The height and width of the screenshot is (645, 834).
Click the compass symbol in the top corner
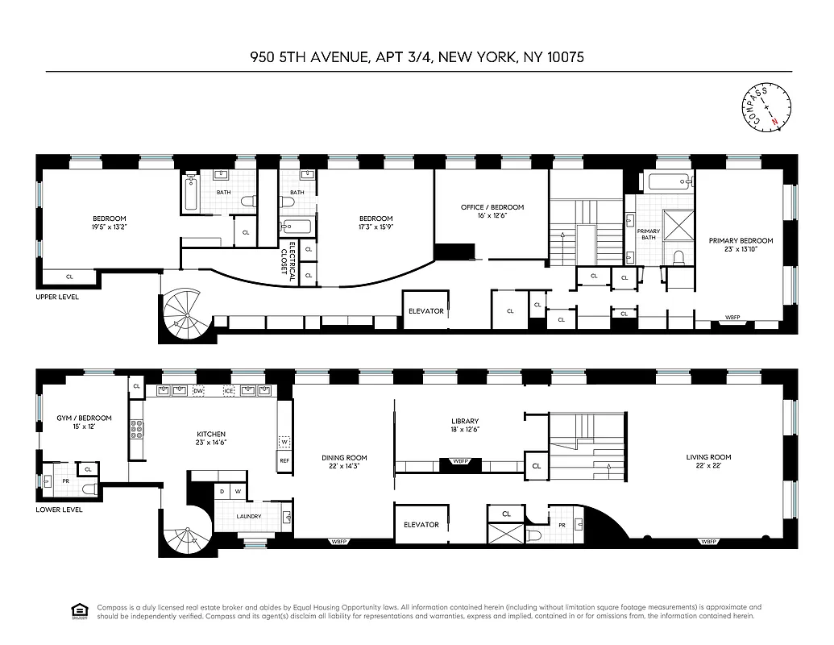click(x=766, y=107)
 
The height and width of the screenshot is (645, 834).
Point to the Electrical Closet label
click(x=288, y=258)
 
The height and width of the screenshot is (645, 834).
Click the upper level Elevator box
click(x=425, y=310)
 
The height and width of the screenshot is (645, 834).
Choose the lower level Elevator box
click(x=421, y=524)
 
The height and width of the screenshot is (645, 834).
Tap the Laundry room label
click(x=248, y=517)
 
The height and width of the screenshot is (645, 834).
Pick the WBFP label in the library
click(x=460, y=463)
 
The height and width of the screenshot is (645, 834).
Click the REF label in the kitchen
click(x=284, y=460)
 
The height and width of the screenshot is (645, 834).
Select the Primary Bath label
click(x=649, y=235)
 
